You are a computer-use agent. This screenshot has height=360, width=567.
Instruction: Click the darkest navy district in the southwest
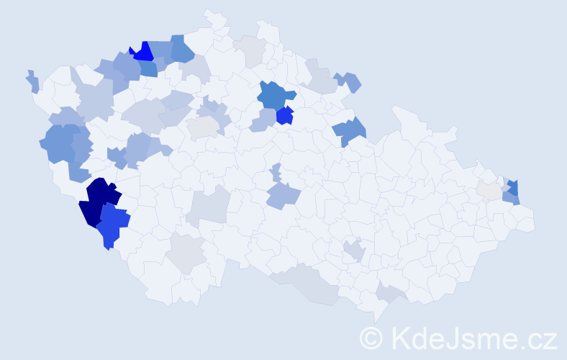point(99,202)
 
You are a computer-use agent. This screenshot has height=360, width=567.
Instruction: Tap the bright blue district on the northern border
point(143,52)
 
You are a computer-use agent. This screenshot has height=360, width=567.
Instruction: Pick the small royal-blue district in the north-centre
point(285,115)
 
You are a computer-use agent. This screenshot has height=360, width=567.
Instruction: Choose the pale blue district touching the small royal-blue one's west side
point(263,120)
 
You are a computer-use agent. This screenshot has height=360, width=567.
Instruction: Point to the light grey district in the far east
point(489,190)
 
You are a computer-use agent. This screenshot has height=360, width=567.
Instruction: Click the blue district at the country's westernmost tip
point(33,81)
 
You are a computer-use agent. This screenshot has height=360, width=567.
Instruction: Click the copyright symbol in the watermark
point(371,338)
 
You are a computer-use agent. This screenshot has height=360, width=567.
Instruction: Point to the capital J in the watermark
point(455,338)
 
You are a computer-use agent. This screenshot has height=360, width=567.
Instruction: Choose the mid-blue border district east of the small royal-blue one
point(349,131)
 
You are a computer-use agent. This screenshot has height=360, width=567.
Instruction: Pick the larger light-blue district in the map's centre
point(282,195)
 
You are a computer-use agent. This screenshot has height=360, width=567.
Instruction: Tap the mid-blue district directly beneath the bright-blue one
point(148,69)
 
